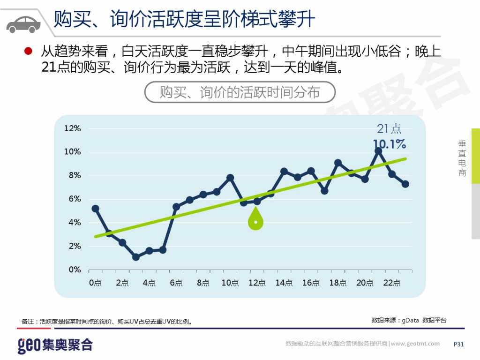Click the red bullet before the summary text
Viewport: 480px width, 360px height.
[28, 50]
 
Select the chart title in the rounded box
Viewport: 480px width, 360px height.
[240, 92]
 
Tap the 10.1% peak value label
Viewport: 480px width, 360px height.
[389, 144]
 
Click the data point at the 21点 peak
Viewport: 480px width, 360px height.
[378, 151]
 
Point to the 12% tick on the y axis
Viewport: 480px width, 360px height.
[73, 128]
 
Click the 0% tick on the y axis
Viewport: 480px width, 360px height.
[75, 270]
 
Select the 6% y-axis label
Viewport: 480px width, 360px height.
[75, 199]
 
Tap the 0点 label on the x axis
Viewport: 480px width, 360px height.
[95, 283]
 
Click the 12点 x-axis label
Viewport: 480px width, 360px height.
[256, 283]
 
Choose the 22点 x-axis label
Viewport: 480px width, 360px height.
[391, 283]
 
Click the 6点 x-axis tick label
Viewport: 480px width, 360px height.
[176, 283]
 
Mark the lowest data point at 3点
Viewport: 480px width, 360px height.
[136, 257]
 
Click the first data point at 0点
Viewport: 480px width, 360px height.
[95, 208]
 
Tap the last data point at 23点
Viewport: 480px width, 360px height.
[405, 184]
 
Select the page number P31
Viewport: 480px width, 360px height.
[458, 344]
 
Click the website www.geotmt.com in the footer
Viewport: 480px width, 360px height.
[415, 344]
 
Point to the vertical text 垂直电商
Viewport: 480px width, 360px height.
[462, 159]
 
